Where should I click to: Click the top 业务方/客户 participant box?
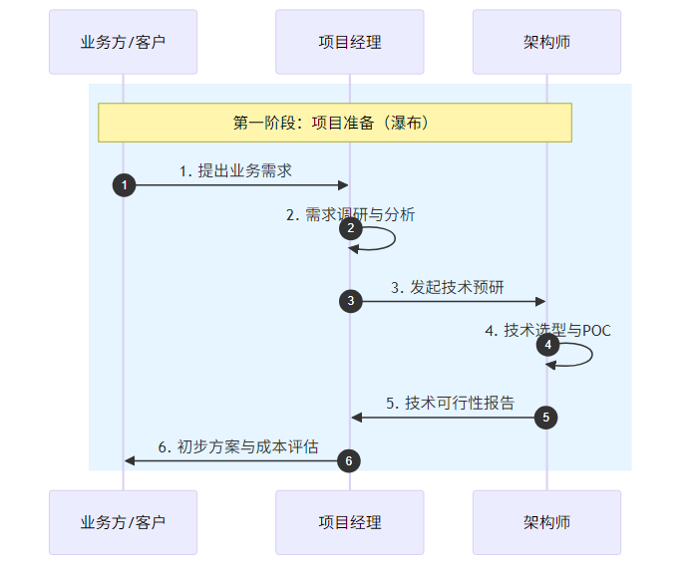coord(123,42)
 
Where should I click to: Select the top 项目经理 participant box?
coord(350,42)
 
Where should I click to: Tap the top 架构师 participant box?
coord(546,42)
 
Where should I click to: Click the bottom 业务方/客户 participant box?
coord(123,522)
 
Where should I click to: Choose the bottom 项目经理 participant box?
coord(350,522)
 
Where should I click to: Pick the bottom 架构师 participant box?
coord(546,522)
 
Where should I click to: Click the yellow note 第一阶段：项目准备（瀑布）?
coord(334,123)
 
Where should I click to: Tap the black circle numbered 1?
coord(124,185)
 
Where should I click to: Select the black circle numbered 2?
coord(350,228)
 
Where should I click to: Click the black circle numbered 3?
coord(350,301)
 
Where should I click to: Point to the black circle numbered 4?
coord(546,345)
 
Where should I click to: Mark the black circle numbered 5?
coord(546,418)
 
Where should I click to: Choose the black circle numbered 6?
coord(348,460)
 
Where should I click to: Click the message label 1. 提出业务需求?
coord(235,170)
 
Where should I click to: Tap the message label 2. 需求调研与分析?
coord(350,214)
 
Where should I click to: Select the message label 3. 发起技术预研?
coord(447,287)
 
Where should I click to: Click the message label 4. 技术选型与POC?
coord(547,330)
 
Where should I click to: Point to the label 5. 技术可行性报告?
coord(451,403)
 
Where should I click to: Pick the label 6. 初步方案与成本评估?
coord(238,446)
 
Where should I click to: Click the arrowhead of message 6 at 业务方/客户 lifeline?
coord(130,460)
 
